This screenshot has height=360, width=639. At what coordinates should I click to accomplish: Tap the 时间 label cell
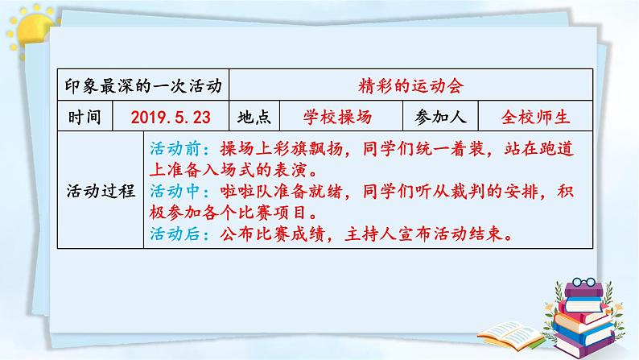[x=85, y=117]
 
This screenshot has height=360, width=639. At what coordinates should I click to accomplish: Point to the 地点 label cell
[x=254, y=117]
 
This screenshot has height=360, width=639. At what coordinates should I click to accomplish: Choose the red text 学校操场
[x=338, y=117]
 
